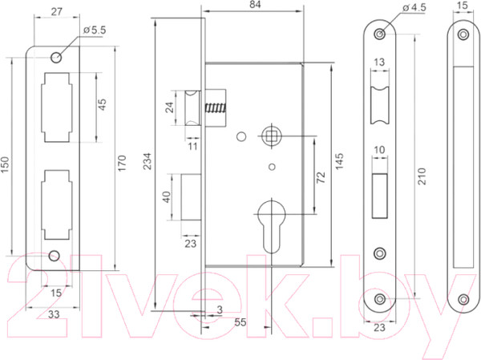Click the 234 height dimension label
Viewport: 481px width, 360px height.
(x=148, y=162)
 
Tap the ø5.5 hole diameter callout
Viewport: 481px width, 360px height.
(x=95, y=30)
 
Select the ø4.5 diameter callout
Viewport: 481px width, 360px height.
(x=414, y=7)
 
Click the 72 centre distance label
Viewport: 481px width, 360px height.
(x=321, y=177)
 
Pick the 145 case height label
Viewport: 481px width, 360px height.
(x=339, y=161)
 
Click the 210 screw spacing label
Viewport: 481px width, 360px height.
(x=422, y=176)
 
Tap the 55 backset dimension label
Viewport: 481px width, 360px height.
(x=240, y=322)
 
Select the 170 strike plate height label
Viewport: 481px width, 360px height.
(x=122, y=164)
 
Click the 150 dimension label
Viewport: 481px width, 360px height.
(x=6, y=165)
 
